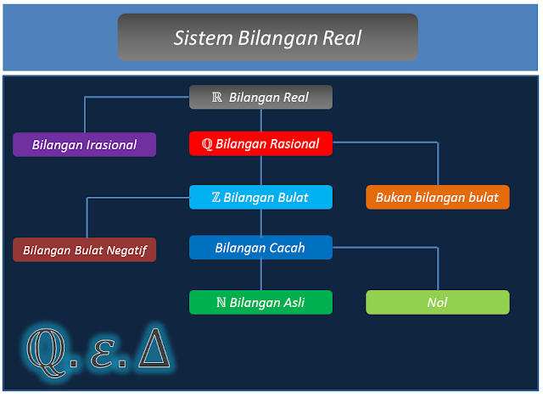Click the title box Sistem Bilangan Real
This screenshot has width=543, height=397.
[x=267, y=37]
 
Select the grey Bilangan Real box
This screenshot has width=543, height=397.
[x=260, y=98]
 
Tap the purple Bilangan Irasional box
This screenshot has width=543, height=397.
[x=84, y=144]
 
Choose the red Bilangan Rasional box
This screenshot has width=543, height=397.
[x=260, y=143]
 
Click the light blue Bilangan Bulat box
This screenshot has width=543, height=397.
[x=260, y=198]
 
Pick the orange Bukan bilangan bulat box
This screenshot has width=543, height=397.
[x=437, y=198]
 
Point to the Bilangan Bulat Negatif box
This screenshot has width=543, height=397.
[x=84, y=250]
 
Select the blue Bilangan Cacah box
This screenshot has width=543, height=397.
[x=260, y=248]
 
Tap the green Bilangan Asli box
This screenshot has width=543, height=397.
[x=260, y=302]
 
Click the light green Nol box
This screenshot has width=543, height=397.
[x=437, y=302]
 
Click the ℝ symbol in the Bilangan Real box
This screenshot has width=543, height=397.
[x=217, y=98]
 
